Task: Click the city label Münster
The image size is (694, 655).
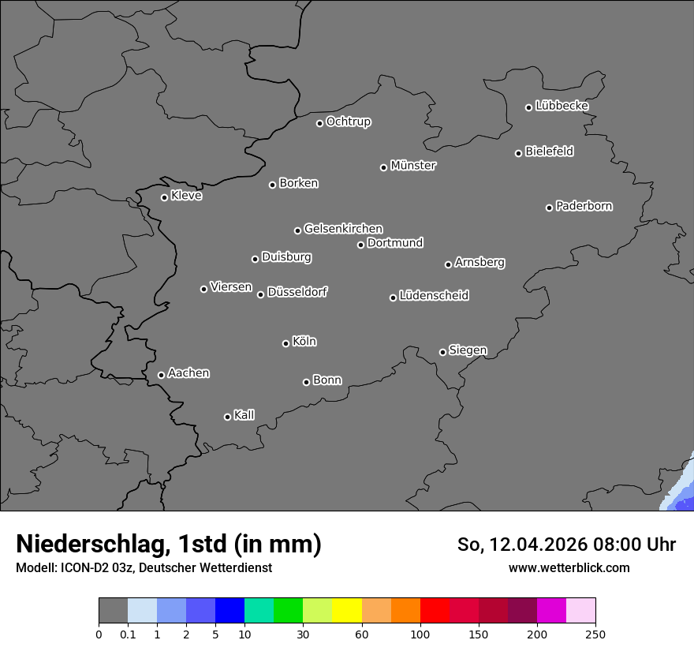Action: point(413,166)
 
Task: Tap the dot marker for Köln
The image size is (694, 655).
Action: point(285,343)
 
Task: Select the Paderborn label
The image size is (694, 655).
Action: point(584,206)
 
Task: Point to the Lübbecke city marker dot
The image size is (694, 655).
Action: point(528,107)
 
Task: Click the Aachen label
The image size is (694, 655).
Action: point(188,373)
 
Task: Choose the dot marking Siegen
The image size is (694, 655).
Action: point(442,352)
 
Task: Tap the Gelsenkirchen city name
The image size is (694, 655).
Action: point(343,229)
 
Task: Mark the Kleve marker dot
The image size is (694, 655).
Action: point(164,197)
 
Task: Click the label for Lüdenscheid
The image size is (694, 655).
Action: point(434,296)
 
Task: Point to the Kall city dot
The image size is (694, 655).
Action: point(227,417)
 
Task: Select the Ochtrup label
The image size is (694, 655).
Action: point(349,122)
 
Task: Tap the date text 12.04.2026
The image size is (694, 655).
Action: point(536,545)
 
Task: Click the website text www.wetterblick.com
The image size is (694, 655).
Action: point(569,567)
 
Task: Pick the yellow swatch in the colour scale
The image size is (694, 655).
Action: point(347,611)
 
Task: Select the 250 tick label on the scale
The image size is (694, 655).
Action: point(595,634)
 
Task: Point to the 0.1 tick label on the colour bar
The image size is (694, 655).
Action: point(128,634)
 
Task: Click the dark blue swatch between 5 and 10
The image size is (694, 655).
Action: point(229,611)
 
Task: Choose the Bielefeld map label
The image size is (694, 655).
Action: point(549,152)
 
